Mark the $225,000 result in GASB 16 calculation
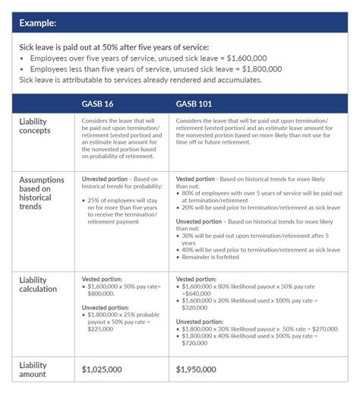click(96, 331)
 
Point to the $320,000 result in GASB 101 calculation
click(194, 309)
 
